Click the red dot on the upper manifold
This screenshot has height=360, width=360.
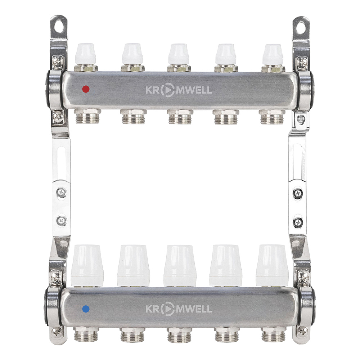click(x=85, y=89)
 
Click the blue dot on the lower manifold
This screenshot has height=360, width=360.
click(x=85, y=309)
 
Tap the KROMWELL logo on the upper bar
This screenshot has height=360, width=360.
click(x=179, y=90)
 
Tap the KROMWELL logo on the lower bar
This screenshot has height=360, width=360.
click(x=179, y=309)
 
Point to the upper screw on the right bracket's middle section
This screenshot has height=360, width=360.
click(x=298, y=193)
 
